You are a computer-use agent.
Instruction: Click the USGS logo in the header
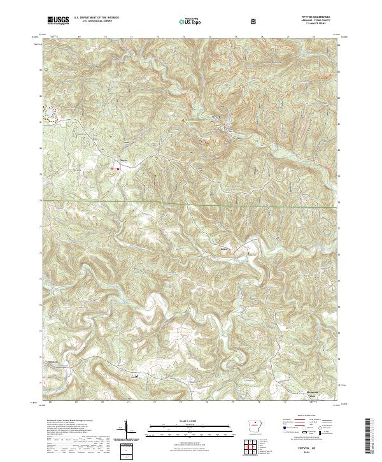58,21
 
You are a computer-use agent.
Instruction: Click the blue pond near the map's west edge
46,115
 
